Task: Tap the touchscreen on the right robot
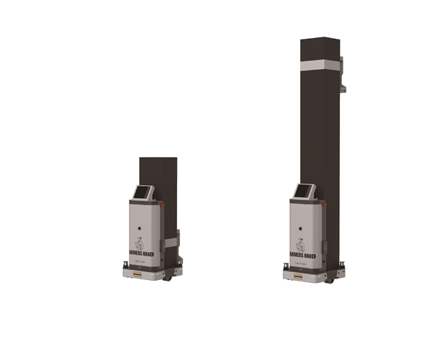(305, 192)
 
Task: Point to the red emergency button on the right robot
(327, 203)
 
